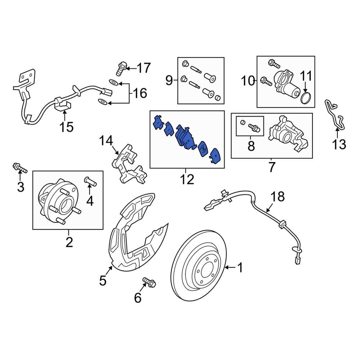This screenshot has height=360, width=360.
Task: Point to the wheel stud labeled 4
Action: pos(90,181)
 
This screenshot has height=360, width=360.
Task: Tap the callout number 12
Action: pos(187,179)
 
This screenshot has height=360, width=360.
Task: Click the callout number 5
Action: pos(103,280)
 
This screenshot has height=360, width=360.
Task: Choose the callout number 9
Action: pos(169,80)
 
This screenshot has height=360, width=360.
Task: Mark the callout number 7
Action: pos(271,167)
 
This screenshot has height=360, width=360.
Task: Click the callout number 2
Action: pos(69,242)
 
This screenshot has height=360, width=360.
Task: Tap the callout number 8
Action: pos(251,146)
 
